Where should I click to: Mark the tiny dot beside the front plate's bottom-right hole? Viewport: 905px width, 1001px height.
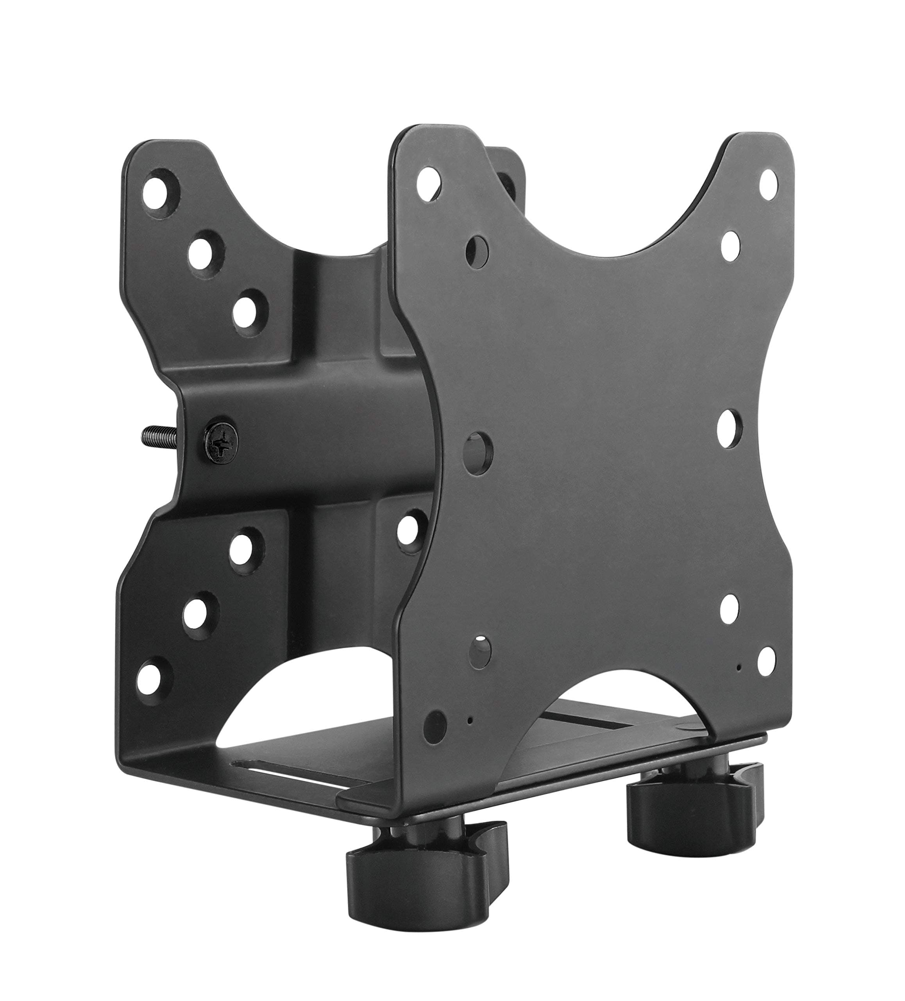(x=739, y=667)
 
